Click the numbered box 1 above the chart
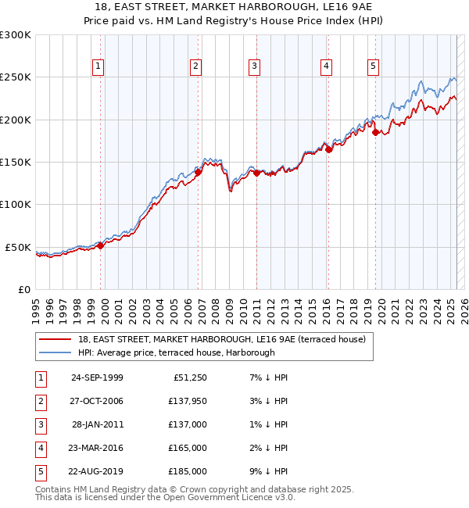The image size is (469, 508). click(x=98, y=67)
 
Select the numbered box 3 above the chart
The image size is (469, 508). click(x=254, y=67)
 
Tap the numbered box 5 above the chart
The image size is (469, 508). click(x=373, y=67)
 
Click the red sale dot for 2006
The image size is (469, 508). click(x=199, y=172)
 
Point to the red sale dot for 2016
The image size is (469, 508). click(x=329, y=149)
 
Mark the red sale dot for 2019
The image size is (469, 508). click(x=376, y=133)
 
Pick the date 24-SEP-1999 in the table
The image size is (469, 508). click(x=97, y=377)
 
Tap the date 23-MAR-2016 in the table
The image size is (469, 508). click(x=97, y=448)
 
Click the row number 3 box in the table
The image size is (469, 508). click(x=39, y=424)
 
